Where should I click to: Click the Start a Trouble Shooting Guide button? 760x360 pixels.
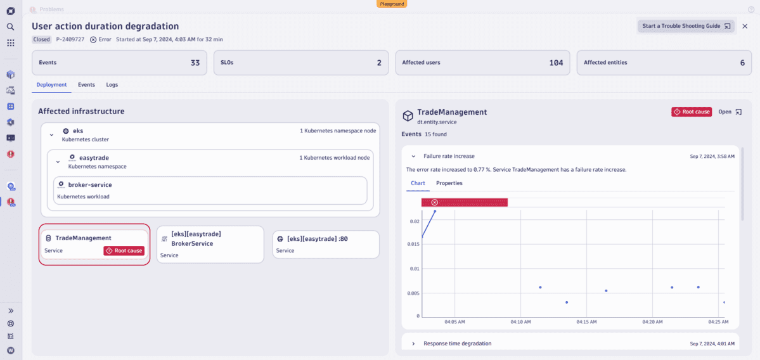point(686,26)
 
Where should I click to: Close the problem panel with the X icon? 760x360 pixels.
point(745,26)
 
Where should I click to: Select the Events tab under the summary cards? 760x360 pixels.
point(86,84)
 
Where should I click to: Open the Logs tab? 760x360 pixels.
point(112,84)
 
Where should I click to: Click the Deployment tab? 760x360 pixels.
point(51,84)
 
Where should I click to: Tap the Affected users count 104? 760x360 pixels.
point(556,63)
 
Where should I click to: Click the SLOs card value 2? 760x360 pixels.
point(379,63)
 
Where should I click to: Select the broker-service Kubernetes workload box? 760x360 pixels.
point(210,190)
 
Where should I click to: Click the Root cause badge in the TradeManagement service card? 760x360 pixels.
point(124,250)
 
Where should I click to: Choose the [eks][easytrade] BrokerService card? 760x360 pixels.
point(210,244)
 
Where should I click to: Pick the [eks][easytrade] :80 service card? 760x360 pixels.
point(325,244)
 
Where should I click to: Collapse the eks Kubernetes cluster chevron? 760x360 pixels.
point(52,134)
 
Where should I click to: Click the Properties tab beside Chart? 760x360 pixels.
point(449,183)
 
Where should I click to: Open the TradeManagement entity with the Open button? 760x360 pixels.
point(728,112)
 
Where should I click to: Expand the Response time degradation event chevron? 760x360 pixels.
point(414,344)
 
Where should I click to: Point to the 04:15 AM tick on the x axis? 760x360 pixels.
point(587,322)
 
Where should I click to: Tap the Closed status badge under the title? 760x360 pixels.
point(42,39)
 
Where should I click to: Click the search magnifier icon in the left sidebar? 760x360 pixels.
point(11,27)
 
